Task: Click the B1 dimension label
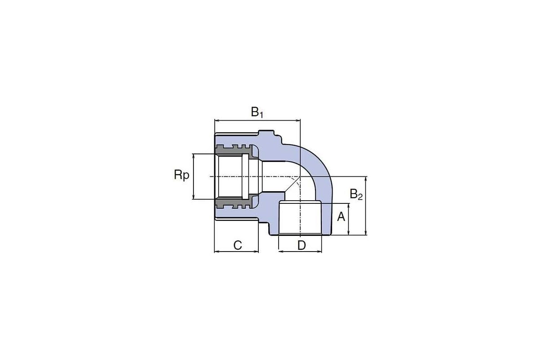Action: [257, 112]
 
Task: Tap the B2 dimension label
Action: [356, 194]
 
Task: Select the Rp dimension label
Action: [181, 175]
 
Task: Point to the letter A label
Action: [341, 217]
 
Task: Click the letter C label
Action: [238, 245]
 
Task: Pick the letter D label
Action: [301, 245]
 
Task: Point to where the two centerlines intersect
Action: [300, 176]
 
